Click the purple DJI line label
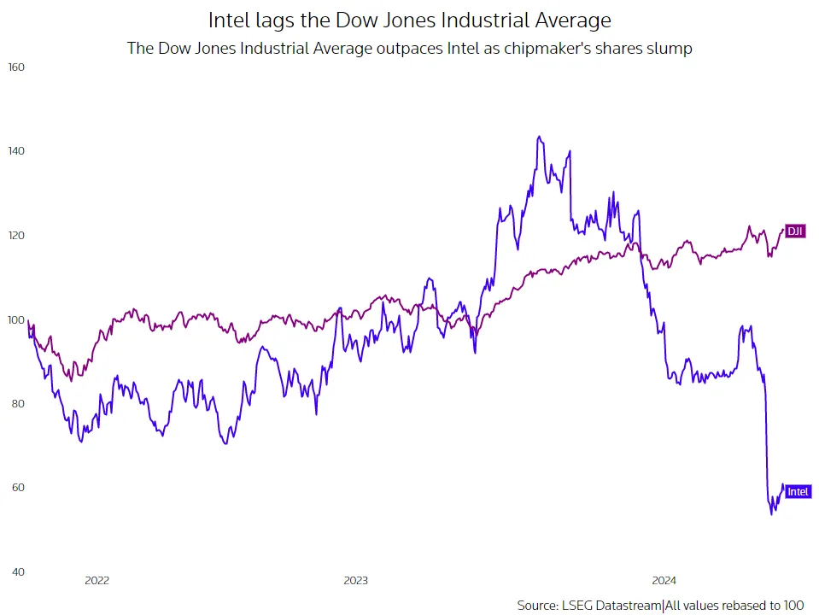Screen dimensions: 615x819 coord(795,231)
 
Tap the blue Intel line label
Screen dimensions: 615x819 coord(798,491)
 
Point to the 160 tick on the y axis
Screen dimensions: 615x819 coord(17,67)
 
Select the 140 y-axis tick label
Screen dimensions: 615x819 coord(17,151)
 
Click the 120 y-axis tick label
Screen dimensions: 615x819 coord(17,235)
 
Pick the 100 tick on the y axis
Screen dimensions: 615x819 coord(17,319)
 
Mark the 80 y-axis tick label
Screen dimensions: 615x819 coord(17,403)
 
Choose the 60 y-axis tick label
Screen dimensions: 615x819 coord(17,488)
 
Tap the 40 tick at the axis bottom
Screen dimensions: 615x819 coord(17,571)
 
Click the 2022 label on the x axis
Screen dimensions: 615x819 coord(97,581)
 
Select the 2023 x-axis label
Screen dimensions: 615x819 coord(355,581)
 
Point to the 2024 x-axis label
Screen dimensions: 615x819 coord(664,581)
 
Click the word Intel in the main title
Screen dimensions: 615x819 coord(229,19)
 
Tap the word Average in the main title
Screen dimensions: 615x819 coord(568,19)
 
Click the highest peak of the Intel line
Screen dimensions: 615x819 coord(538,137)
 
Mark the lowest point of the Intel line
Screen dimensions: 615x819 coord(772,513)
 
